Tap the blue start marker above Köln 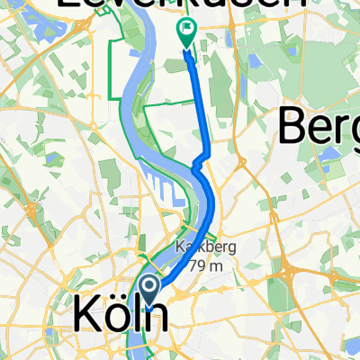click(149, 289)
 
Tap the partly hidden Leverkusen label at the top click(180, 7)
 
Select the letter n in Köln click(155, 317)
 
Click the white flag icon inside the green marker click(186, 31)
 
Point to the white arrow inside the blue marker click(149, 287)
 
